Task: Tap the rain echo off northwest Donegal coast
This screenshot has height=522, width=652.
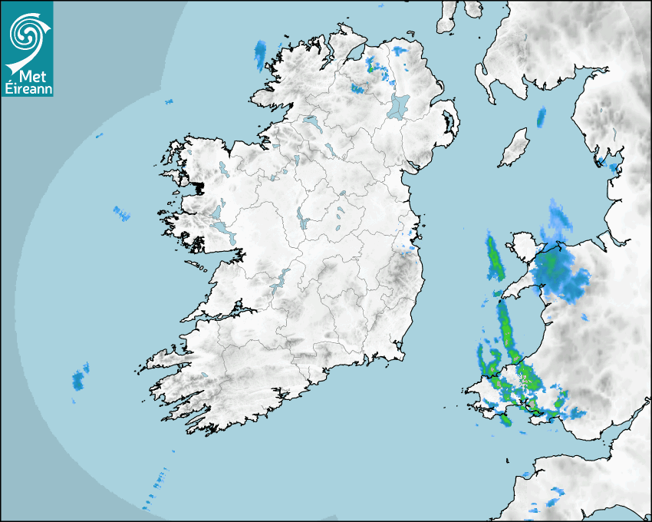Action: (260, 55)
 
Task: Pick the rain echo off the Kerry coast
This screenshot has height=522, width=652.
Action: (77, 379)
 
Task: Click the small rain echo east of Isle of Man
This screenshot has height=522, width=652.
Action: (541, 117)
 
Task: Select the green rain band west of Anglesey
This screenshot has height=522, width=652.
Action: (494, 259)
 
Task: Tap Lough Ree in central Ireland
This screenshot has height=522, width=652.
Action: (301, 220)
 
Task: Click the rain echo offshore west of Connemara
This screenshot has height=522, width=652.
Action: (121, 213)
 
